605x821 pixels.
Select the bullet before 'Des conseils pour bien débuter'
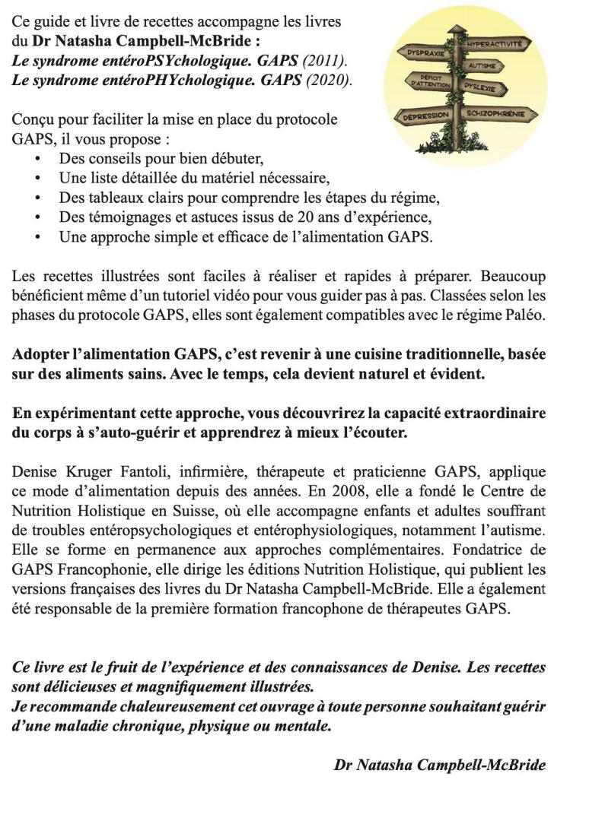[x=39, y=160]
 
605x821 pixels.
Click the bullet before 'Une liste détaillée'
[x=39, y=179]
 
